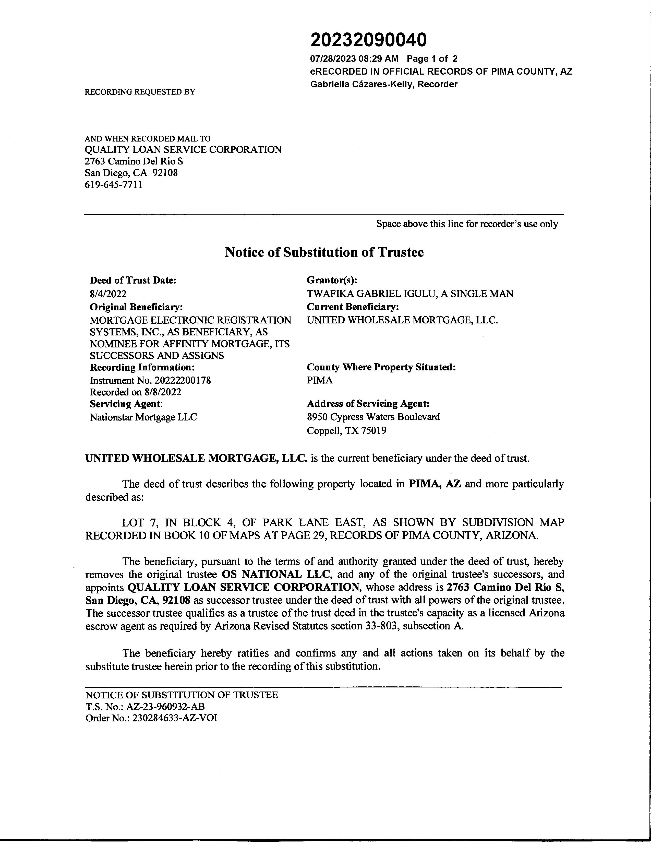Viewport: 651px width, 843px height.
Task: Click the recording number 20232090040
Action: [368, 40]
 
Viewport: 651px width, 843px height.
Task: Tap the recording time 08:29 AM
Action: [378, 59]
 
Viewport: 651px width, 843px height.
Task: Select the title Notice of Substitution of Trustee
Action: [324, 252]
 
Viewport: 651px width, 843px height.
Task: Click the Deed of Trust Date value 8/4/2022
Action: [108, 294]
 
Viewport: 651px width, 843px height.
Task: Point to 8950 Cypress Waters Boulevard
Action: [373, 417]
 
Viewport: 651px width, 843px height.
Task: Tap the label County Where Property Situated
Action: [381, 367]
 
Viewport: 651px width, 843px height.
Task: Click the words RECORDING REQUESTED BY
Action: [140, 92]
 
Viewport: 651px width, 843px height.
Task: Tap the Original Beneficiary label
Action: [136, 307]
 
